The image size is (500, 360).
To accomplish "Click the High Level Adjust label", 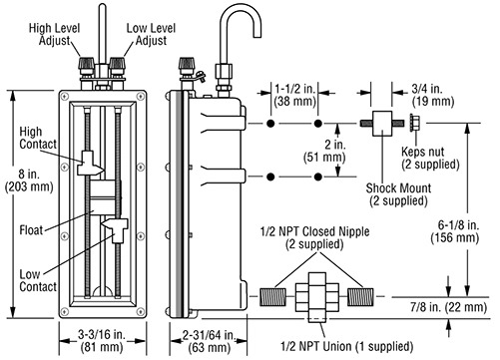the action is [55, 34].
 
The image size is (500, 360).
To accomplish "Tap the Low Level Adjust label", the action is [151, 34].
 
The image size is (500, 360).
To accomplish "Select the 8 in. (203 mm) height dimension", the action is [29, 180].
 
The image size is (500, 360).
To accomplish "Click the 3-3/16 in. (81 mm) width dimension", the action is [102, 341].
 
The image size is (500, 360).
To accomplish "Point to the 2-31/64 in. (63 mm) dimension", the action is [210, 341].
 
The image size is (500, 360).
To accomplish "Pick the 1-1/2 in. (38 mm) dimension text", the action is [294, 95].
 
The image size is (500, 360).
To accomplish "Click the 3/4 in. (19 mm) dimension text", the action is [433, 95].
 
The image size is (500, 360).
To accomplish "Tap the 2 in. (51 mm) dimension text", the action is [324, 151].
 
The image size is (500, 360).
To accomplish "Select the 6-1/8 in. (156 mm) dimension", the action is [455, 231].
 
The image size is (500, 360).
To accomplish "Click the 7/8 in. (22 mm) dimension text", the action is [448, 307].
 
